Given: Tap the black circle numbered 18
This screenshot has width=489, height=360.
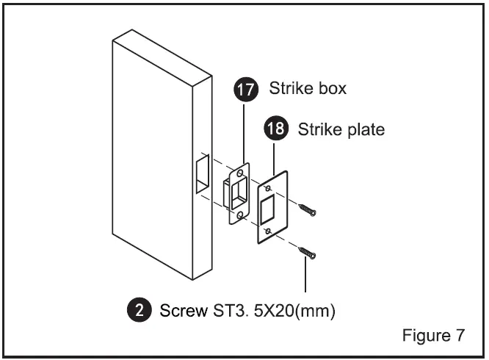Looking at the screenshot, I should [274, 130].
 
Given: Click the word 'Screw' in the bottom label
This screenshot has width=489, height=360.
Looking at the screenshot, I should [181, 309].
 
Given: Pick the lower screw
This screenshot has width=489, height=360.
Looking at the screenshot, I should [308, 253].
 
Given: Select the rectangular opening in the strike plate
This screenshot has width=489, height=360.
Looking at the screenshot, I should [268, 209].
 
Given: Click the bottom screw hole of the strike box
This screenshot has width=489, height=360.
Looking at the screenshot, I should [239, 215].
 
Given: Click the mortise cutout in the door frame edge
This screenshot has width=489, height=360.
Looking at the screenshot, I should [203, 175].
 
